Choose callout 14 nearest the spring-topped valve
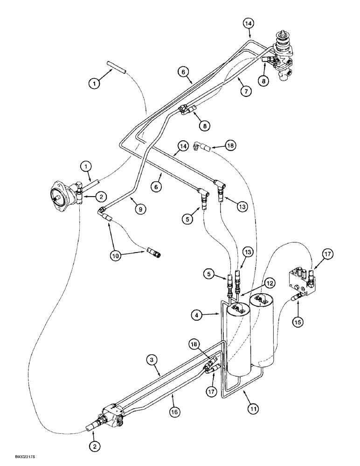tap(249, 23)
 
